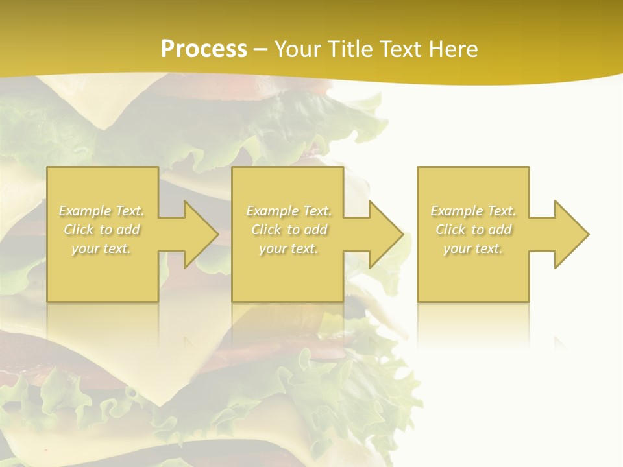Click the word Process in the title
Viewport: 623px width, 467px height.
[204, 49]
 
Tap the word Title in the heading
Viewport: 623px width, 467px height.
[350, 49]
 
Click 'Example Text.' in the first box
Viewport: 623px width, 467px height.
[102, 211]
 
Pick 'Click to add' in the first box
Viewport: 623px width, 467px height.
[102, 230]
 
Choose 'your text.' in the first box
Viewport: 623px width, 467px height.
[102, 248]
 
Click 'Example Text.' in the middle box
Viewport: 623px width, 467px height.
[289, 211]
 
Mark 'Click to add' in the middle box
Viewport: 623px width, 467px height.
[289, 230]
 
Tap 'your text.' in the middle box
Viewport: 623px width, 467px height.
[289, 248]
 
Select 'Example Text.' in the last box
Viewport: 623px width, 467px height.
[474, 211]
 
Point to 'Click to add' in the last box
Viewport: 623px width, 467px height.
[474, 230]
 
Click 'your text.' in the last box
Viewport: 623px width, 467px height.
[474, 248]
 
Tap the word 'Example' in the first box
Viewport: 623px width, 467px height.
[85, 211]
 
